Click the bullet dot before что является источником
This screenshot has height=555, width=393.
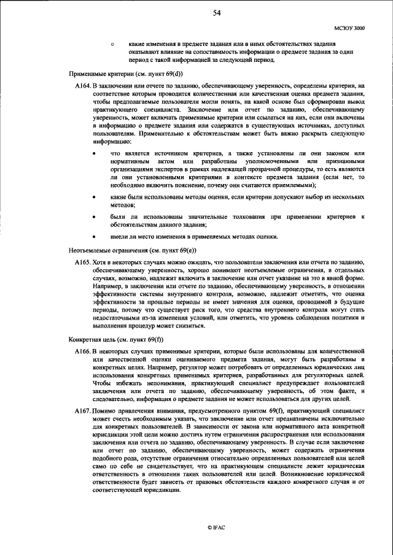click(x=94, y=153)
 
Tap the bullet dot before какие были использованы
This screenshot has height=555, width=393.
click(x=94, y=198)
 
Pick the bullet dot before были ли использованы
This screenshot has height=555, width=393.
click(x=94, y=217)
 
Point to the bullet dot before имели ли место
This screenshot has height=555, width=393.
click(x=94, y=237)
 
